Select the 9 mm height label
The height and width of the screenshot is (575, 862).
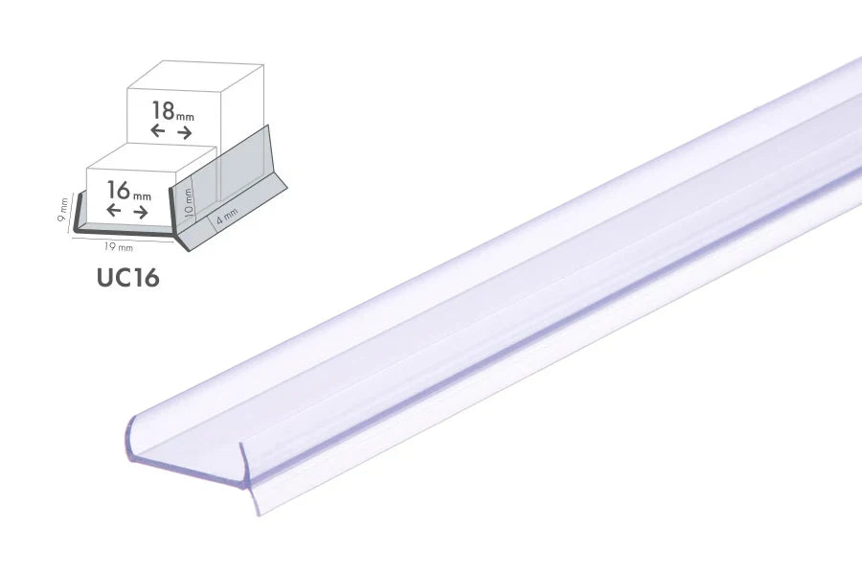[64, 210]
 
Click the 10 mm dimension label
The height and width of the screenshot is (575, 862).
[189, 200]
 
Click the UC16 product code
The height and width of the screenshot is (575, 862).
[127, 278]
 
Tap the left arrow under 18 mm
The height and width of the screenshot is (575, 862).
[158, 131]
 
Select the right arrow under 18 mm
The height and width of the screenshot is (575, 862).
[185, 131]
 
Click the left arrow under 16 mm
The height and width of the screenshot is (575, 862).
[114, 212]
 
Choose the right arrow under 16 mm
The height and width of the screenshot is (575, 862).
[140, 212]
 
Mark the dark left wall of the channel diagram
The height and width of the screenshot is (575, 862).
[79, 210]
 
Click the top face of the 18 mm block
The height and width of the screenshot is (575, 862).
[192, 78]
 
